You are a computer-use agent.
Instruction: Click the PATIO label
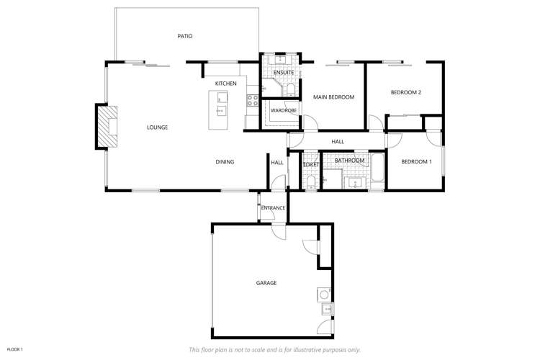pos(185,36)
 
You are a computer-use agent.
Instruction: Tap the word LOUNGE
pos(157,127)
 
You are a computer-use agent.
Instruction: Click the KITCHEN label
pos(225,84)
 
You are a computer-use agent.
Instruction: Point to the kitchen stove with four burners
pos(252,101)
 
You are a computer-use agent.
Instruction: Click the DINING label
pos(225,162)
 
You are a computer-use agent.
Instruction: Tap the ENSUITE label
pos(282,73)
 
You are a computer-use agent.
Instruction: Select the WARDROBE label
pos(284,110)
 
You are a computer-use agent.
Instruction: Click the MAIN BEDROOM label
pos(333,96)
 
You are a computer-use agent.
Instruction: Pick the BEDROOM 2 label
pos(405,92)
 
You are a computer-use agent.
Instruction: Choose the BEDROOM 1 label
pos(416,162)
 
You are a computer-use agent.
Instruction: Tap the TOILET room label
pos(310,165)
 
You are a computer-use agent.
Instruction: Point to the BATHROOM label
pos(349,160)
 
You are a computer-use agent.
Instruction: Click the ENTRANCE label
pos(273,208)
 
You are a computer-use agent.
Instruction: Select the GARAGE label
pos(266,283)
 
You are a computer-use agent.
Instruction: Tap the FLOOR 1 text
pos(15,349)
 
